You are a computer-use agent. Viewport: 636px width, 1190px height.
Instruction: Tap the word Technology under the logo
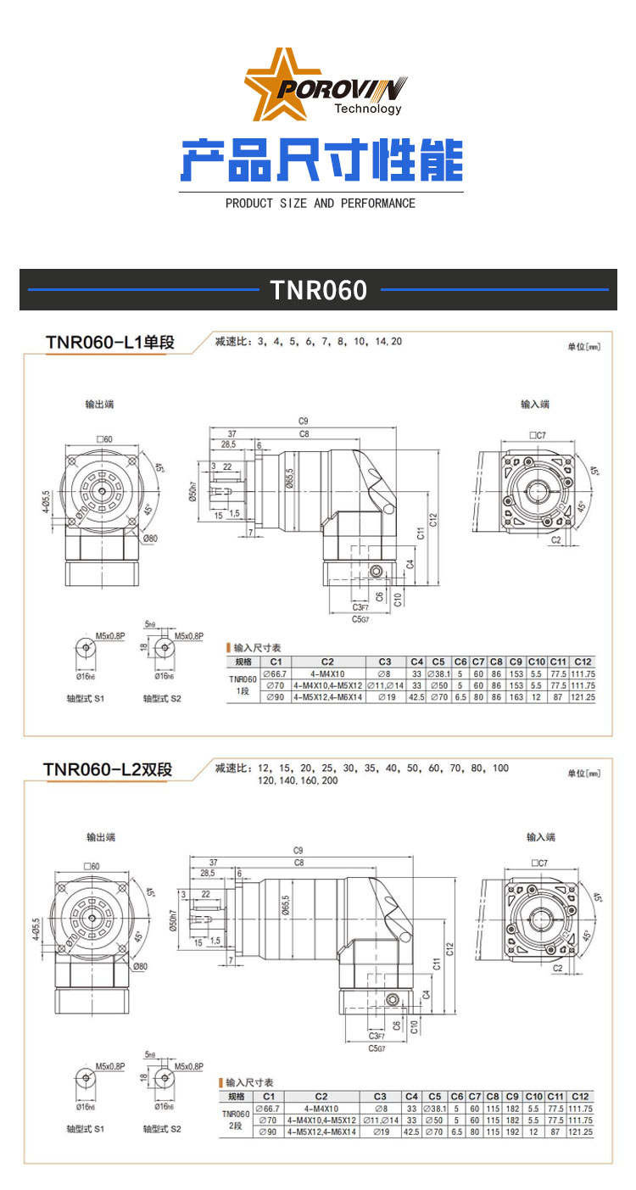(x=368, y=109)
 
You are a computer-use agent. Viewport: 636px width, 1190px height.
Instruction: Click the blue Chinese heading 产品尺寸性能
(x=321, y=159)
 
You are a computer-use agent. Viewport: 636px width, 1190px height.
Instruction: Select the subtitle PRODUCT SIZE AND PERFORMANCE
(x=321, y=204)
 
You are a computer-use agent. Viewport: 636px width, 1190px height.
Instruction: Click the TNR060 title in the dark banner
(x=319, y=290)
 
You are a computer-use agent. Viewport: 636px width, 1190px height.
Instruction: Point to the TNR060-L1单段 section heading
(x=109, y=343)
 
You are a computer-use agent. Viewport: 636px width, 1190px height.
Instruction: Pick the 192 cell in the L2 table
(x=512, y=1131)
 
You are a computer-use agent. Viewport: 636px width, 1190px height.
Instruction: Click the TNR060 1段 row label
(x=243, y=685)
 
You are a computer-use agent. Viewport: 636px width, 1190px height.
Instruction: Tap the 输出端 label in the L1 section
(x=99, y=405)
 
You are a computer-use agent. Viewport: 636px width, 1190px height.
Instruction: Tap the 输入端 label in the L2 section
(x=540, y=837)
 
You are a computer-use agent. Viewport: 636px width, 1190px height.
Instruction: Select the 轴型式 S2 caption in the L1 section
(x=162, y=699)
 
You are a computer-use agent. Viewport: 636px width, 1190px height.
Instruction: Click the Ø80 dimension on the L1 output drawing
(x=151, y=539)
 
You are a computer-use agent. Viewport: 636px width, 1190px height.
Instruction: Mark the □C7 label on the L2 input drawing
(x=538, y=863)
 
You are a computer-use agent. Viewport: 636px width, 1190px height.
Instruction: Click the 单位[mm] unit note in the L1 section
(x=583, y=347)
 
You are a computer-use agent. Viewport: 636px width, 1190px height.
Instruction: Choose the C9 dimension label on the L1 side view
(x=303, y=421)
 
